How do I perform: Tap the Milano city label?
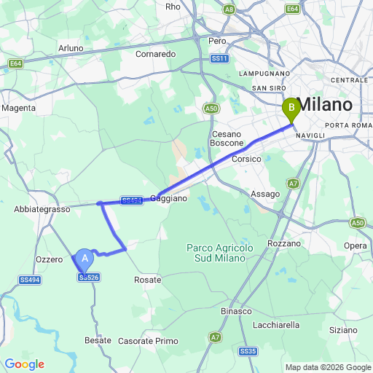point(325,105)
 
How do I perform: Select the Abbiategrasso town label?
point(42,209)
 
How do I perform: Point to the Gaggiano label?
point(169,198)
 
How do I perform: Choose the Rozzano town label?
point(284,243)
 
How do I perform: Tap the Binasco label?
point(237,311)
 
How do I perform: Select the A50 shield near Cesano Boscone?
point(211,109)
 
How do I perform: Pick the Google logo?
point(24,364)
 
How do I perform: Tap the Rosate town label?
point(148,279)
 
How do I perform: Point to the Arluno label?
point(71,48)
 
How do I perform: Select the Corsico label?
point(246,159)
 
